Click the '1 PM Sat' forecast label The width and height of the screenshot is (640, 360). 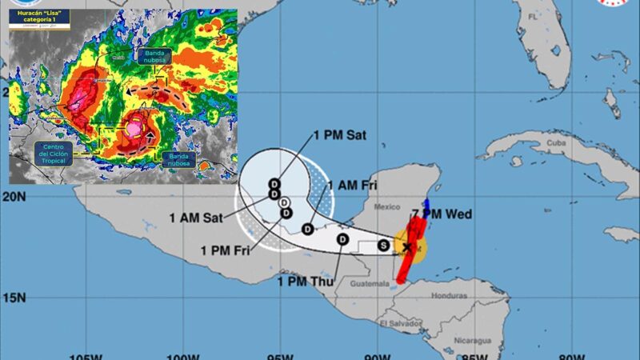[340, 135]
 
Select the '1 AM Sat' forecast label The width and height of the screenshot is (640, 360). [196, 217]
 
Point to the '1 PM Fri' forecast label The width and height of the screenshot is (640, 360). [226, 250]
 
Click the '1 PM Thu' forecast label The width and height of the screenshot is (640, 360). [303, 281]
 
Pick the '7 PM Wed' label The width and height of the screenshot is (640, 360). [442, 214]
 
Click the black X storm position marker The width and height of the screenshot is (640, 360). [407, 247]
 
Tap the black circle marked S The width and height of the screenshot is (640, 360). [384, 245]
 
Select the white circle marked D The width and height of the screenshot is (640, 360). [284, 202]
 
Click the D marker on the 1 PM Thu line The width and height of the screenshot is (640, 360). [342, 239]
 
